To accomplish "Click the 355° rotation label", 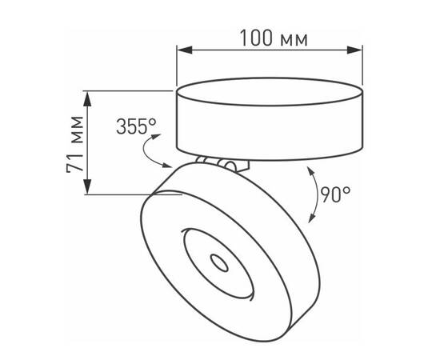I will [136, 126].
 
